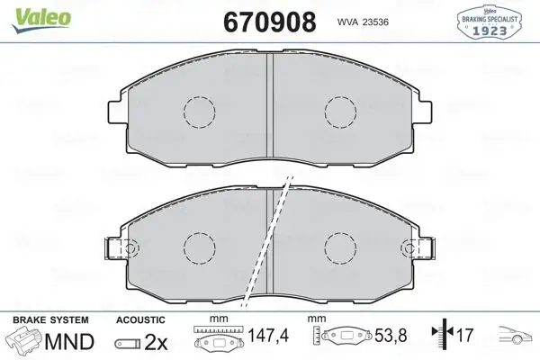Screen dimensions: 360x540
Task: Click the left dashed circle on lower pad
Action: coord(200,247)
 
